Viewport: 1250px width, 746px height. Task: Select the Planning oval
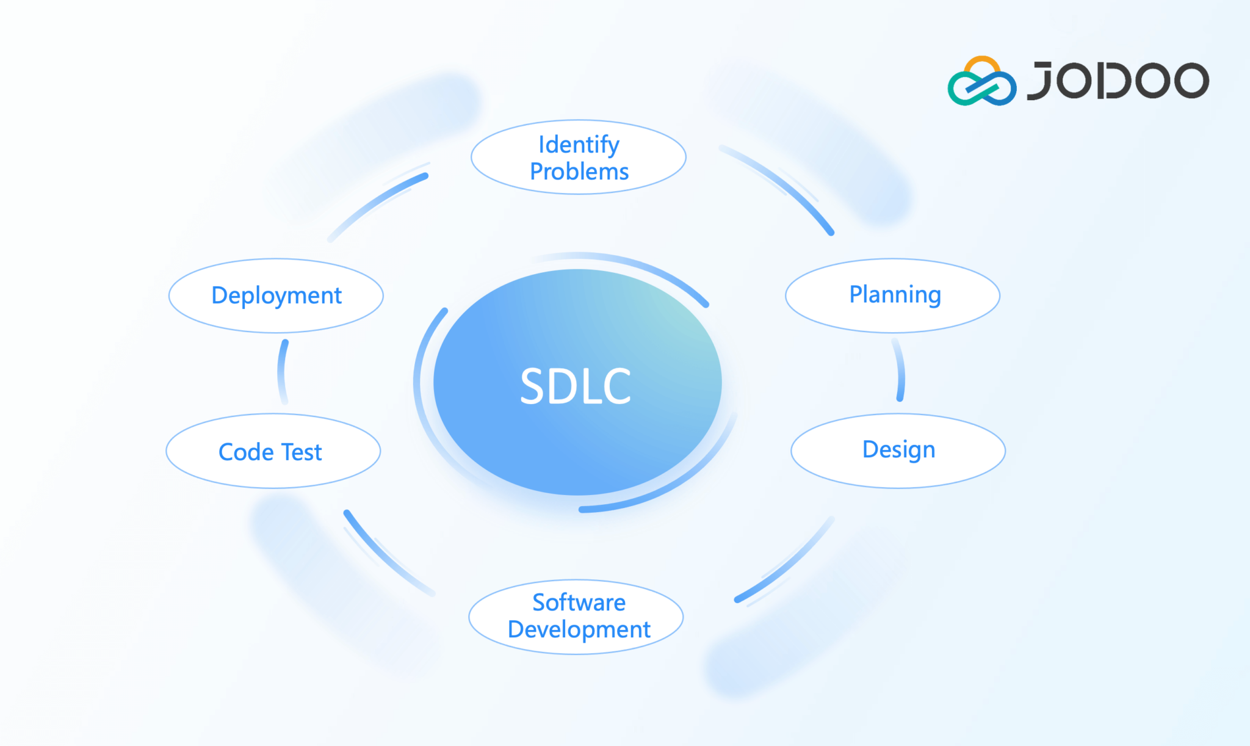892,295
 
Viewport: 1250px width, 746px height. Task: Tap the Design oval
898,451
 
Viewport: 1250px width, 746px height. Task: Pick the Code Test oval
273,452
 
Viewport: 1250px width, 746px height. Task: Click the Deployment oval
276,295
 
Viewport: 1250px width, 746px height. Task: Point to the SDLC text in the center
576,386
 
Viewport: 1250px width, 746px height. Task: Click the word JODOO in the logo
1118,81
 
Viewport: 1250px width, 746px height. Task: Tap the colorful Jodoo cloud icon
981,82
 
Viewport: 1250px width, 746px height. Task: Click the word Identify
579,145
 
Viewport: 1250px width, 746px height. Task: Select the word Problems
579,172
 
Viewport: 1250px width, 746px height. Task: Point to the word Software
579,603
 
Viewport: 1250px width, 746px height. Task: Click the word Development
579,629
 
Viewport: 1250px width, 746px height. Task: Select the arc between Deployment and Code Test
281,371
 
